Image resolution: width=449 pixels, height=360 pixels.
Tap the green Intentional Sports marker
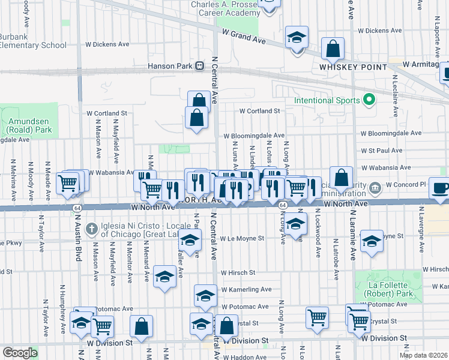(370, 100)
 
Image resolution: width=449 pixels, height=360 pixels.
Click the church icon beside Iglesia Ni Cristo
(91, 227)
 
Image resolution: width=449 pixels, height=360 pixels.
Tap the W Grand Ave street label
(243, 37)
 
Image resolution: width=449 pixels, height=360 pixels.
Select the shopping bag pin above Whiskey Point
(333, 48)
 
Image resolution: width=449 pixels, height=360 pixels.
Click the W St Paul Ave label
(381, 151)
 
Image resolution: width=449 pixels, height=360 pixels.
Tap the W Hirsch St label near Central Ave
(238, 272)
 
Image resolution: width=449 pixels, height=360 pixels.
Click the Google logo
(20, 353)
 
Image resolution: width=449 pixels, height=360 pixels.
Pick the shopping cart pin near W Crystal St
(316, 317)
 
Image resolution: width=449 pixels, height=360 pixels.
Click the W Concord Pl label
(405, 184)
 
